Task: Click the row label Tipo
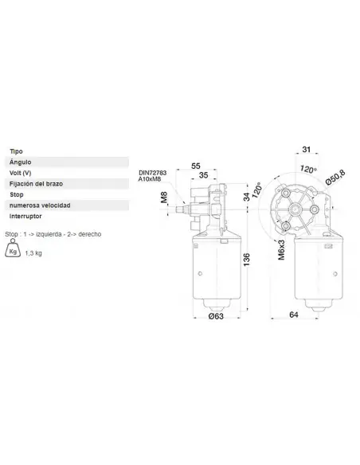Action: coord(16,150)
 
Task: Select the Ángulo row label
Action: coord(20,162)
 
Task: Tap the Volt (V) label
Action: coord(22,172)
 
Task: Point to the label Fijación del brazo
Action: coord(35,183)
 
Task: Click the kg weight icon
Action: coord(14,252)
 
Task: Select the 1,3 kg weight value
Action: coord(34,253)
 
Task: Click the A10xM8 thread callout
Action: coord(151,180)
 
